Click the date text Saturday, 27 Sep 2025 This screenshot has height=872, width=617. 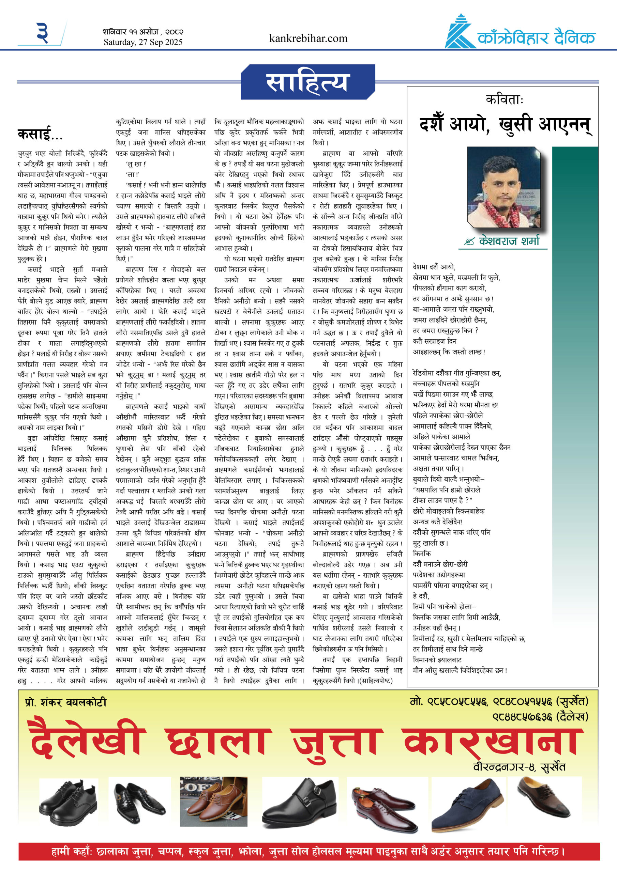click(143, 42)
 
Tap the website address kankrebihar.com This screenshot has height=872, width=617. click(308, 38)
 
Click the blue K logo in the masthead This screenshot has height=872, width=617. click(459, 33)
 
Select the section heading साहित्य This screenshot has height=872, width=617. click(306, 82)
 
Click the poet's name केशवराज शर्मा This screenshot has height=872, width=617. click(509, 241)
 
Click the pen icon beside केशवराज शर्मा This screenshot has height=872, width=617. click(469, 242)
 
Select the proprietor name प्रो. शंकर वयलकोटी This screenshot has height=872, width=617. click(66, 703)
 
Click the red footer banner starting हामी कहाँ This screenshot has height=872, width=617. click(309, 852)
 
